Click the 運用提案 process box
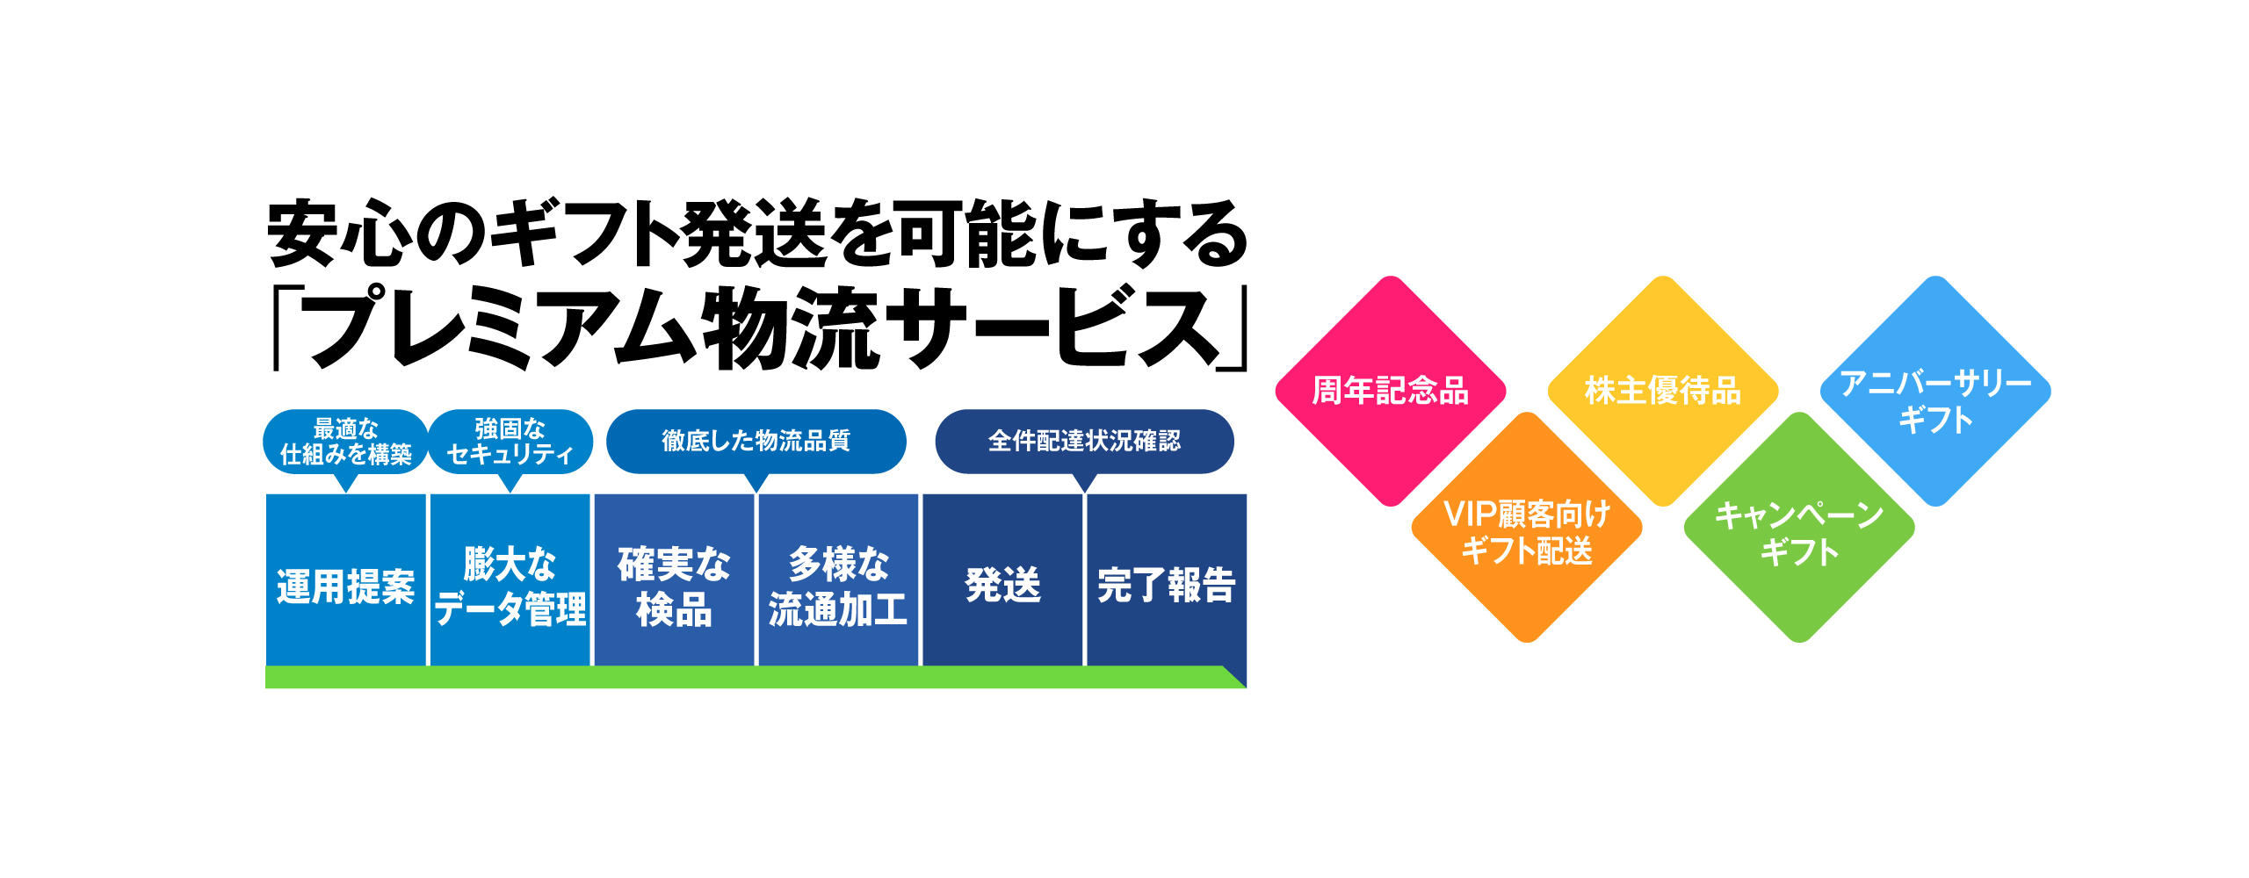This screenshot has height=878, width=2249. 346,579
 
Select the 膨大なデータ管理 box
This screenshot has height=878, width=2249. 510,579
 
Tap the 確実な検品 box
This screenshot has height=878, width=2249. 674,579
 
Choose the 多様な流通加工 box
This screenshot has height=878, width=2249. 838,579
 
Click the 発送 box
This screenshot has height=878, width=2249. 1002,579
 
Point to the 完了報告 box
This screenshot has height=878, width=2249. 1167,579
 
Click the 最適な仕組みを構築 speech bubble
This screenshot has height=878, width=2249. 346,443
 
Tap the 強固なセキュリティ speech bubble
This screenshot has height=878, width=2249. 510,443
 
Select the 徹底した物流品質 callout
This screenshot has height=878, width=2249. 756,442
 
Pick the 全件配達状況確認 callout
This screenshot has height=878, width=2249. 1085,442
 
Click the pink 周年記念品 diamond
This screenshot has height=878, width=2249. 1391,392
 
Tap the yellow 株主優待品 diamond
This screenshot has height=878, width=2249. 1663,392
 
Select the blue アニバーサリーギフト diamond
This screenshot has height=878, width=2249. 1935,392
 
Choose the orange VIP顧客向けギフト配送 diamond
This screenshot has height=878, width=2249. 1527,528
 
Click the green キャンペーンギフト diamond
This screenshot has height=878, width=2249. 1799,528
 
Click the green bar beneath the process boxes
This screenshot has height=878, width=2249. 756,677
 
